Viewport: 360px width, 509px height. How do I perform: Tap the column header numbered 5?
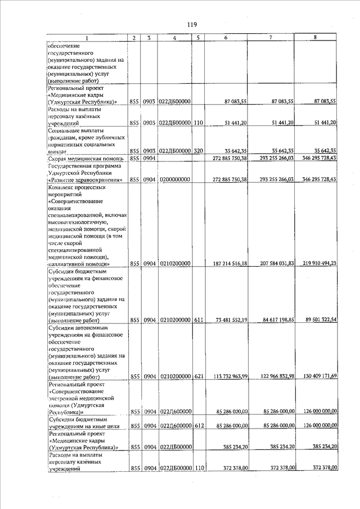pos(197,38)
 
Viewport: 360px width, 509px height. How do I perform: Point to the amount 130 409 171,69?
pos(317,376)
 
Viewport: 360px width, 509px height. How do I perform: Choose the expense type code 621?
pos(198,377)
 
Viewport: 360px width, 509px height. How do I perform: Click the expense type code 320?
pos(198,151)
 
